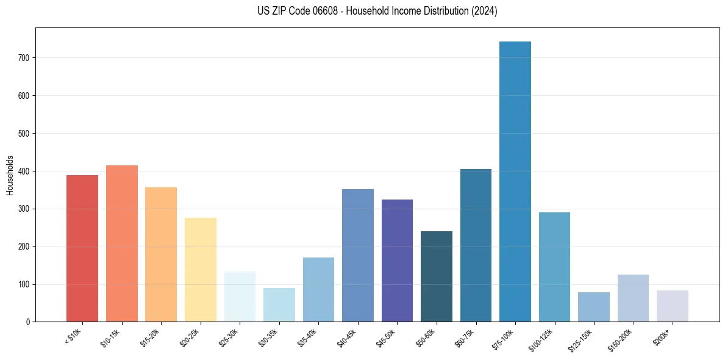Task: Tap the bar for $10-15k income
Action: coord(122,243)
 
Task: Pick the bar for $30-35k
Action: coord(279,305)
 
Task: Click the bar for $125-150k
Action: coord(594,307)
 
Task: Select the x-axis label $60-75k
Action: coord(466,337)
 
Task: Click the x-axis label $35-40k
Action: coord(309,337)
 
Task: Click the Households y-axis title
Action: coord(10,175)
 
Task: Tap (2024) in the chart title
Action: coord(485,11)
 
